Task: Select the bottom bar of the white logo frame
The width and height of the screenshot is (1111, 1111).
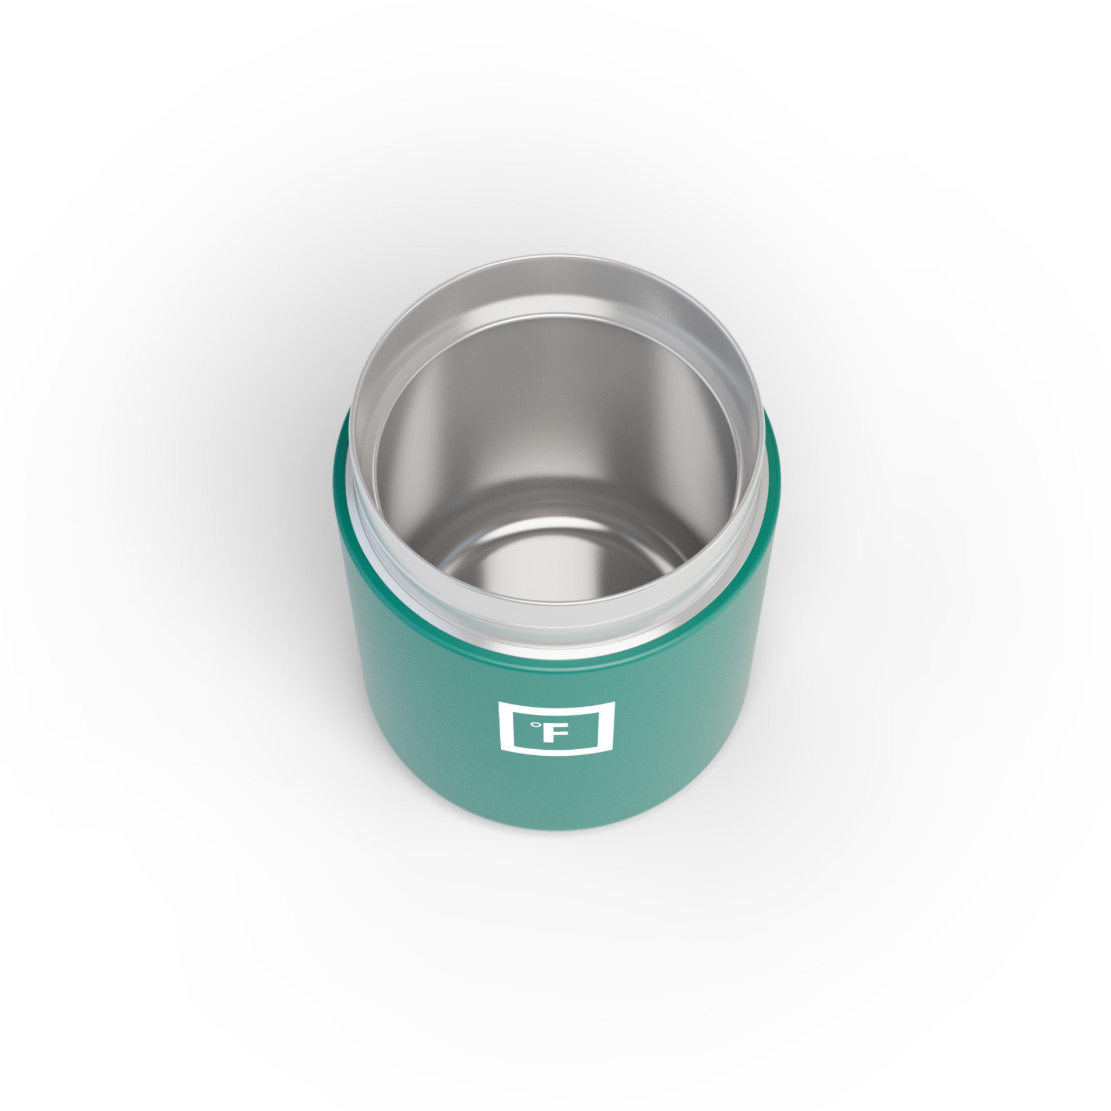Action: (x=556, y=748)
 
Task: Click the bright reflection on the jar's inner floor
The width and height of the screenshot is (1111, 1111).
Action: (x=555, y=569)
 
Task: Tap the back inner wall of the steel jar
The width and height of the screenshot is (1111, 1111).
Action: (x=555, y=403)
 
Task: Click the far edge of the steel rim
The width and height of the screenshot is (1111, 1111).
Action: (x=555, y=260)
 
